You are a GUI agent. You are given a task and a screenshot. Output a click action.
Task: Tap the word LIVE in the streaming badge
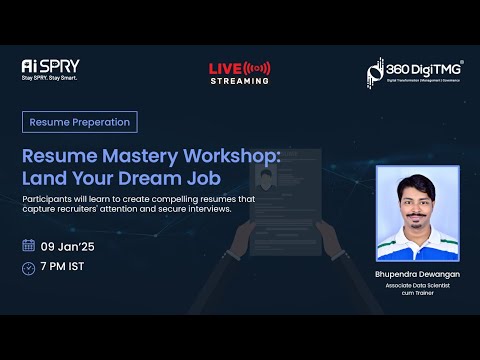point(223,68)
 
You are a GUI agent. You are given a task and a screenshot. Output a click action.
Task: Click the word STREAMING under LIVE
point(239,81)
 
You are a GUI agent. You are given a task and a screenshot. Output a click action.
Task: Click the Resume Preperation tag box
point(80,122)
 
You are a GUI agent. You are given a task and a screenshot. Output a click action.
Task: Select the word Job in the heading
point(202,179)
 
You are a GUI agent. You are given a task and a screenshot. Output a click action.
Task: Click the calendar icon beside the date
point(28,245)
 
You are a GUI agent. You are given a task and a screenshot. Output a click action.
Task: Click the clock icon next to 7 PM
point(28,267)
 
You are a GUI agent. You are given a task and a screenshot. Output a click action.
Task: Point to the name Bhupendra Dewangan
point(417,273)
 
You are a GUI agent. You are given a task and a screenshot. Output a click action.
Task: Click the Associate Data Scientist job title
point(417,287)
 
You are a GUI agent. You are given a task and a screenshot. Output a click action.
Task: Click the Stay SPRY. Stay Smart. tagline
point(49,77)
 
